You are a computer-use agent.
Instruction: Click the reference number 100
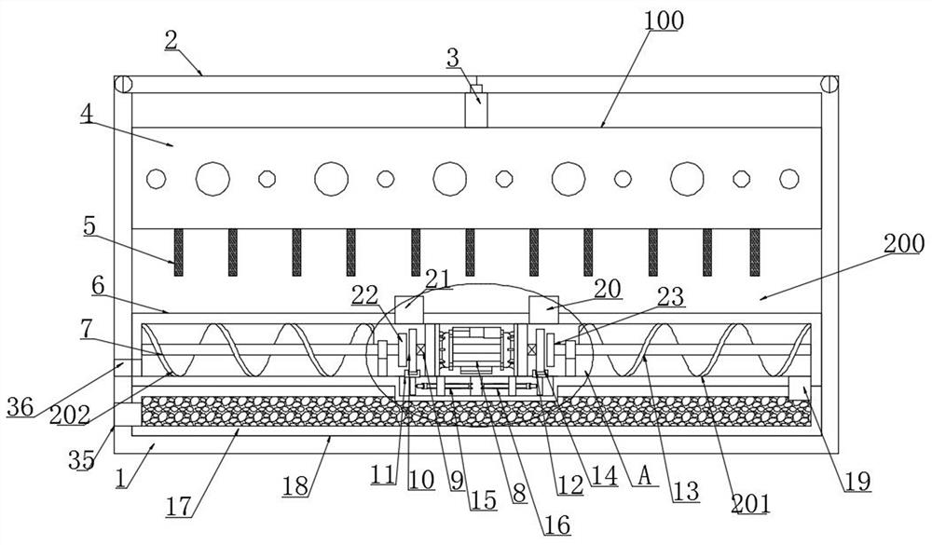(x=665, y=20)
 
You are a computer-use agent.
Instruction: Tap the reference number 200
(x=903, y=244)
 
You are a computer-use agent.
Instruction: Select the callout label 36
(x=21, y=407)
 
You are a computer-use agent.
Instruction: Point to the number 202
(x=69, y=416)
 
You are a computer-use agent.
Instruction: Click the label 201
(x=749, y=504)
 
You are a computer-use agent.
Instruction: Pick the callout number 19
(x=857, y=482)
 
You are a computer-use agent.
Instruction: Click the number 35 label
(x=81, y=460)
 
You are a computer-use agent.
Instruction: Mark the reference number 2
(x=171, y=40)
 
